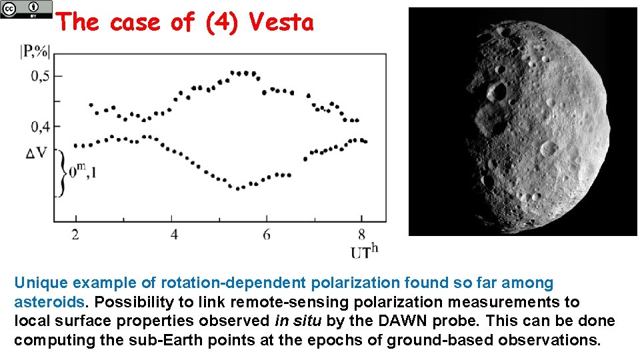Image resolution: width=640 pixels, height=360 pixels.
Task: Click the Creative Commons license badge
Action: pos(26,9)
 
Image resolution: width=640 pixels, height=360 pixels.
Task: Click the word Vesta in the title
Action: pos(281,23)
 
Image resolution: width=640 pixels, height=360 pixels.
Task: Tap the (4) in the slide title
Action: pos(219,23)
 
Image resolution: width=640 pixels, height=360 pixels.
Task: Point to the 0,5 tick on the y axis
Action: pos(40,76)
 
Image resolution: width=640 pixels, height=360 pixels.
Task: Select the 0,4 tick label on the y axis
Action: pos(40,125)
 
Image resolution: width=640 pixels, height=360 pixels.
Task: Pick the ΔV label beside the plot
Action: pos(36,154)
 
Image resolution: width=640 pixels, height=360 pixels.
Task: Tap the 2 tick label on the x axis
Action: pos(75,234)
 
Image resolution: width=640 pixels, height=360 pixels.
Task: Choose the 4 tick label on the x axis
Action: pos(174,234)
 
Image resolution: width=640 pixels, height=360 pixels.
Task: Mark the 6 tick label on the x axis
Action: pos(267,234)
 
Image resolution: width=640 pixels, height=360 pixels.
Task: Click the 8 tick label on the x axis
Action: pos(361,234)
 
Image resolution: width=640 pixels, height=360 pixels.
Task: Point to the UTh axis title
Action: pos(364,251)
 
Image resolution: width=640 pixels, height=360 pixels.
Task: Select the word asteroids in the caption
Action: pos(50,302)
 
